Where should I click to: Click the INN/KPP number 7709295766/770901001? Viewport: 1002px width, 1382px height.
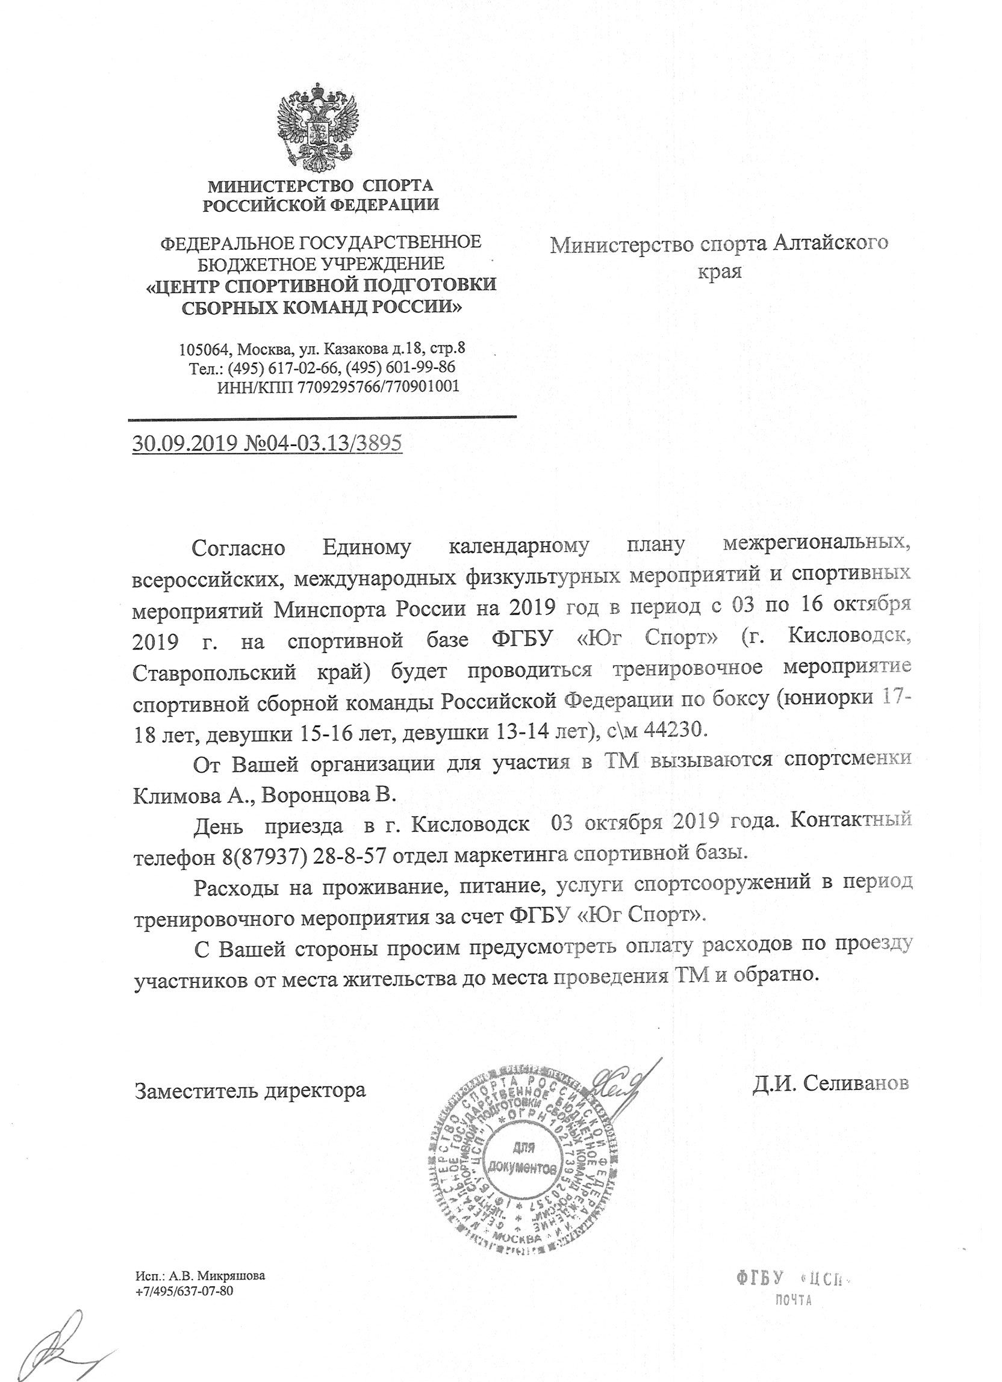click(x=378, y=386)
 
